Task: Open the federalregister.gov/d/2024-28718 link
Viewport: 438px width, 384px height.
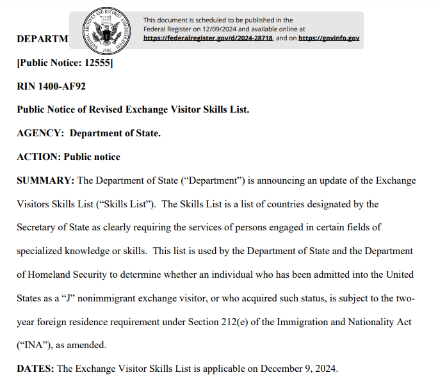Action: click(208, 38)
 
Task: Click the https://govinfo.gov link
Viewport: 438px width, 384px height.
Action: click(328, 38)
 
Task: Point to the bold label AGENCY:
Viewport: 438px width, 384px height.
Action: click(40, 133)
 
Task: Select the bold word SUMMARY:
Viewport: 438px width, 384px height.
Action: click(45, 180)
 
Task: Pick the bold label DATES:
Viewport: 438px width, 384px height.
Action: click(35, 368)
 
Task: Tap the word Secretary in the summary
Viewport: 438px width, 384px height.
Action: click(37, 227)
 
